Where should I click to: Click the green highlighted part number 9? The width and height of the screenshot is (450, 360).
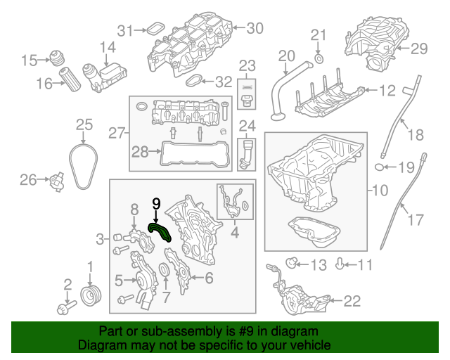coord(161,231)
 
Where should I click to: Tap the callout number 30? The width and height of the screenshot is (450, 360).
coord(254,29)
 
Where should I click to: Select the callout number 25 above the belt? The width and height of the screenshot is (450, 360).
coord(84,124)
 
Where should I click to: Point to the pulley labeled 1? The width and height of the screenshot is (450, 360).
coord(90,292)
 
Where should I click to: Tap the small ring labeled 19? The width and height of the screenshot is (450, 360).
coord(380,167)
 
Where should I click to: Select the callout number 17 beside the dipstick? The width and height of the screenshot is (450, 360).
coord(416,220)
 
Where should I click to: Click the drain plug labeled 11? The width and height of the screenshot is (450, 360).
coord(340,265)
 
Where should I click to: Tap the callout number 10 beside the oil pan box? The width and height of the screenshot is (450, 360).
coord(379,190)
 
